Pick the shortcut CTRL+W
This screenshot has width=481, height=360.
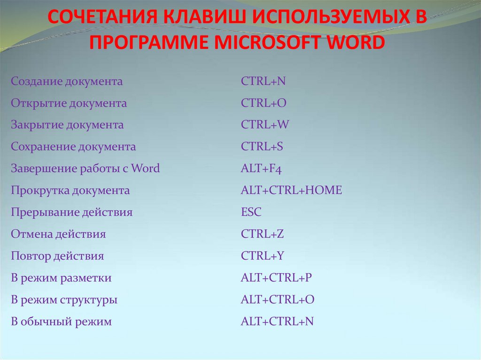(265, 125)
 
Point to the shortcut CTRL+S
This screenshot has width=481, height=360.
(262, 147)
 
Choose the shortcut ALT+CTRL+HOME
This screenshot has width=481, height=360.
(291, 191)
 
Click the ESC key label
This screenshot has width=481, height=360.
(251, 212)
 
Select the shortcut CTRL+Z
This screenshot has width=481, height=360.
(262, 234)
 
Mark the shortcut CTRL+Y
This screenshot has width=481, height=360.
(262, 256)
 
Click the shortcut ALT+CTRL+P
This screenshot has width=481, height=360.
(276, 278)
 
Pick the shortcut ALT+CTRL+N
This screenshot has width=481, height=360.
(277, 322)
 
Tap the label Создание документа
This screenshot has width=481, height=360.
(67, 82)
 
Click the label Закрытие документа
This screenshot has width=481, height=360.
(67, 125)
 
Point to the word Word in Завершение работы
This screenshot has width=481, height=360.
(146, 169)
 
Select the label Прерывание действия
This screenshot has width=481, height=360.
(71, 212)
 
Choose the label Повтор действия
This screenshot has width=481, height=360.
(57, 256)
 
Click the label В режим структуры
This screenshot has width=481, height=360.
(64, 300)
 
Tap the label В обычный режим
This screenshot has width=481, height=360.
(61, 322)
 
